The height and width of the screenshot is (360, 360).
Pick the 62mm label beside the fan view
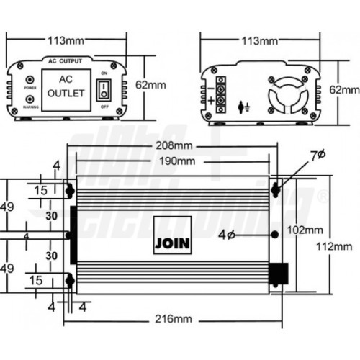pyautogui.click(x=344, y=89)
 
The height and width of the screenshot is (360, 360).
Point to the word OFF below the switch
pyautogui.click(x=105, y=106)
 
